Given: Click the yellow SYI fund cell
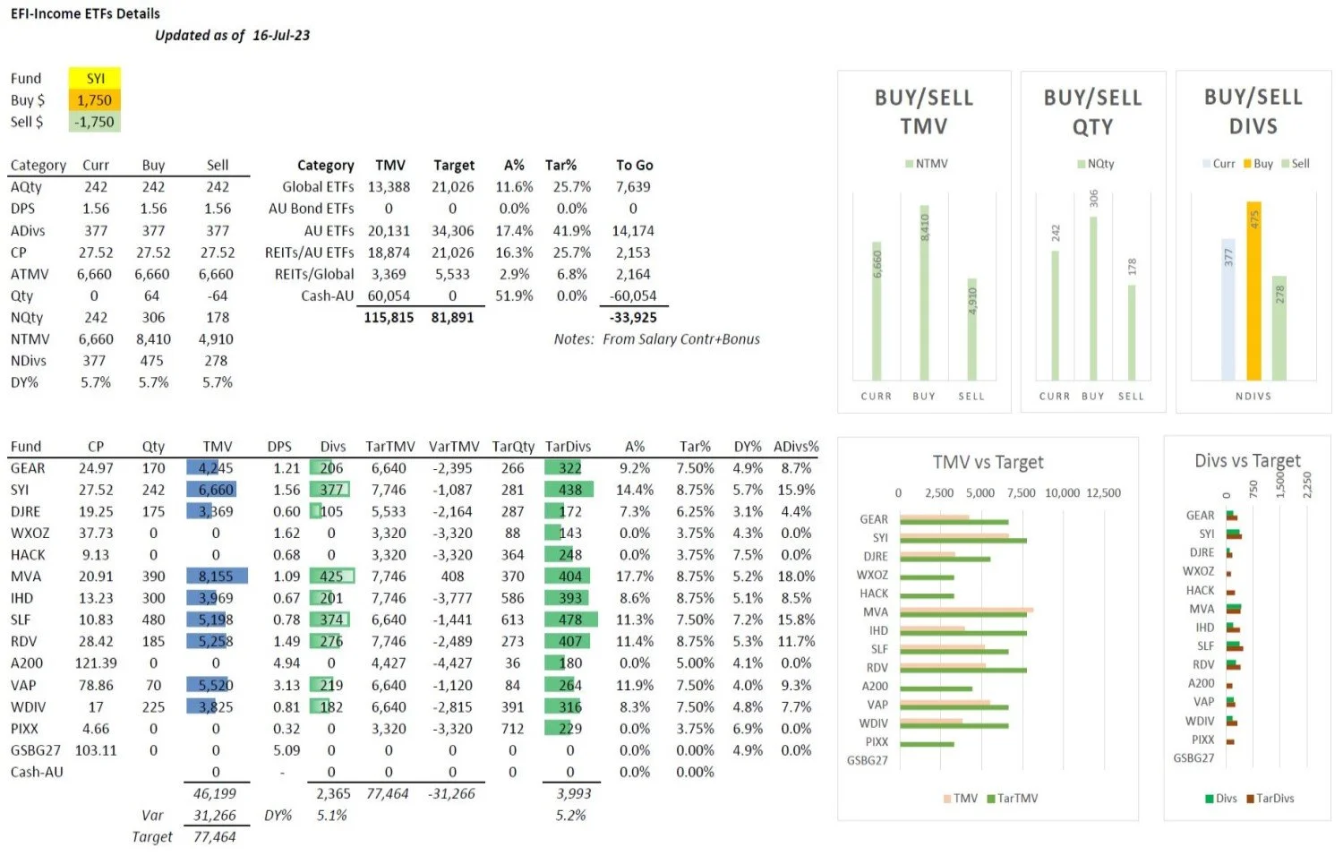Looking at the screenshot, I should (x=95, y=78).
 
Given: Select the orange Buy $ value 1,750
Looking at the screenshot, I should (x=94, y=100).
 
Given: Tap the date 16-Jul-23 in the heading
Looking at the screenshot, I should (x=281, y=35).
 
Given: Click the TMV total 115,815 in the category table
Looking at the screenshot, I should (x=389, y=317).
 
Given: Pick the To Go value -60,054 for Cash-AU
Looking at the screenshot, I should (x=633, y=295).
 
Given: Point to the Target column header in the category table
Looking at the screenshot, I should (x=454, y=165).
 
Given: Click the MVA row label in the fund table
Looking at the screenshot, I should (x=26, y=577).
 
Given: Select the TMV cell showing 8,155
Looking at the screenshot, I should (x=216, y=577).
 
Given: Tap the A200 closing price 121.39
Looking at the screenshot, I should (x=96, y=663).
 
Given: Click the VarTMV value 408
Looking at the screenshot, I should (x=453, y=577).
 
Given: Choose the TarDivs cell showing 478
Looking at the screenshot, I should (x=570, y=620).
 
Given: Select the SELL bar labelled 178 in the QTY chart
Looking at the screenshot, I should (x=1132, y=331).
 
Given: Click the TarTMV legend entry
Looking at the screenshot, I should (x=1013, y=798).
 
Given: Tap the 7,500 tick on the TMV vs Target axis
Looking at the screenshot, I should (x=1021, y=492).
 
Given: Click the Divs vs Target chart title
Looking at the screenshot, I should (x=1247, y=461).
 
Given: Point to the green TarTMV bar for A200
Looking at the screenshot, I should (x=936, y=688).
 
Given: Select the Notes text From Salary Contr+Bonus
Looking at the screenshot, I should (x=680, y=339).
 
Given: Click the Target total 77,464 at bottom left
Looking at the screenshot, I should (x=215, y=837).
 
